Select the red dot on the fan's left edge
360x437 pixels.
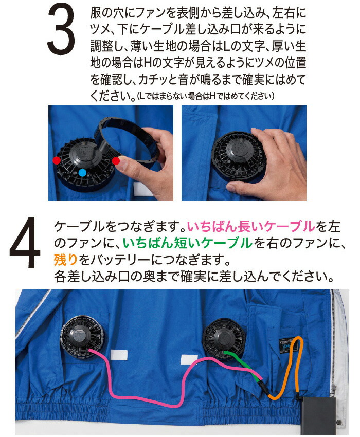point(56,161)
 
